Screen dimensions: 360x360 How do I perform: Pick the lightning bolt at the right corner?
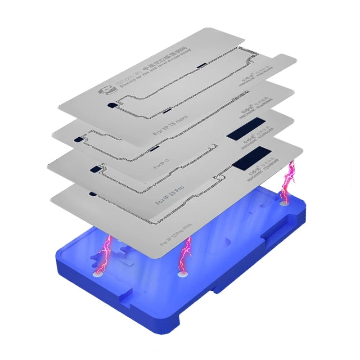[x=288, y=180]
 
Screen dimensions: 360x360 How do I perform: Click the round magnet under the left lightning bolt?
[x=97, y=273]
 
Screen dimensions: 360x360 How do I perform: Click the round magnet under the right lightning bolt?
[x=284, y=202]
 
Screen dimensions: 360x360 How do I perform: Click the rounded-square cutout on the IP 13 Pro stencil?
[x=95, y=169]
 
